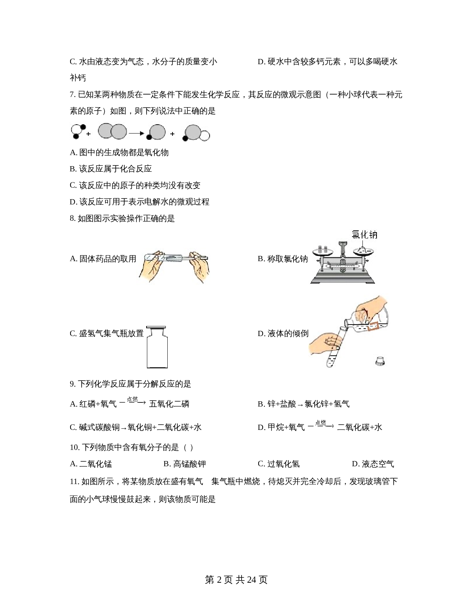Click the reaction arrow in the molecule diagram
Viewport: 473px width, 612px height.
137,134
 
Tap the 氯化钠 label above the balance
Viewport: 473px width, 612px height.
364,235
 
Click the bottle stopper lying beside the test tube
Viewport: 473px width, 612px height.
380,361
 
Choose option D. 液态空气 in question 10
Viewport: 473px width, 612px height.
373,464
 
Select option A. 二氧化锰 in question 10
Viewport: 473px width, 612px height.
91,464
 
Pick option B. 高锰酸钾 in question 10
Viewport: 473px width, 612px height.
185,464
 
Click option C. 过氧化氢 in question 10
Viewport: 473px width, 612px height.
279,464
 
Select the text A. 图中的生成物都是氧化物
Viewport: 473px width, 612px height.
119,153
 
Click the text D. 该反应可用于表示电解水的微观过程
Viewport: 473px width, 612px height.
139,202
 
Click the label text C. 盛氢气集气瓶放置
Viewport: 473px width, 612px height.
107,333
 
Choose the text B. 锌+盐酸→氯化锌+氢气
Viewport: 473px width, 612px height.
304,404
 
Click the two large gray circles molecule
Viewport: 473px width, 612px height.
112,131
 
